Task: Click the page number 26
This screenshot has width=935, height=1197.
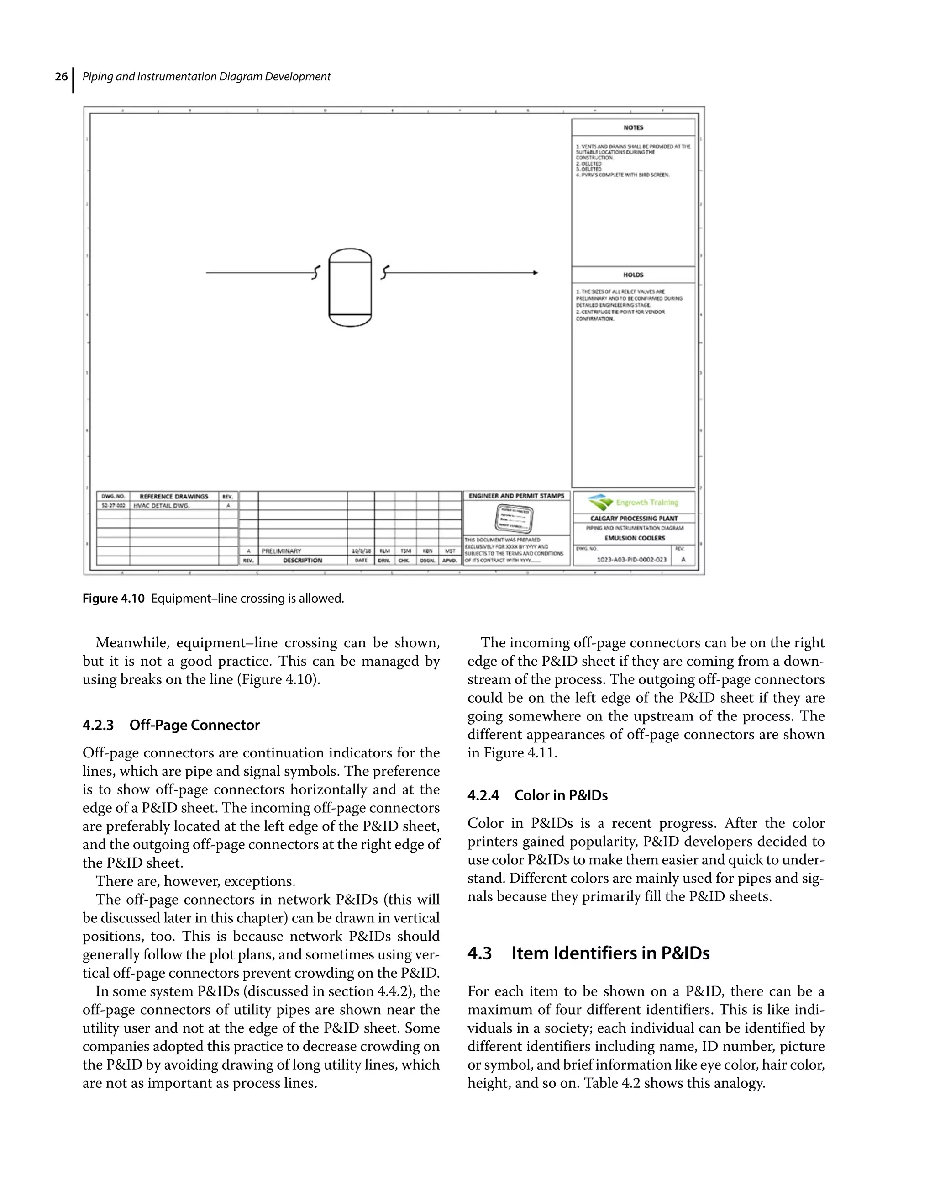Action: point(61,77)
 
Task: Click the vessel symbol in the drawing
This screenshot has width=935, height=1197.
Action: point(350,288)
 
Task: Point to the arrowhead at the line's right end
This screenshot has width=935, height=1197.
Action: point(535,272)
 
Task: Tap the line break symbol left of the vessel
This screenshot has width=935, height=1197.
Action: point(315,272)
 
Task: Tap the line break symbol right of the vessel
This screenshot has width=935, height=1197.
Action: point(385,271)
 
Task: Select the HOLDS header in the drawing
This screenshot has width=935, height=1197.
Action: point(633,275)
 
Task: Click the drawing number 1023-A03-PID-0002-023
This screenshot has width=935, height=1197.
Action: point(631,560)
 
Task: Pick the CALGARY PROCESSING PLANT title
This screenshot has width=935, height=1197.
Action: point(634,519)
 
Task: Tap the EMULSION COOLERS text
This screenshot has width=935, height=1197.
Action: point(634,538)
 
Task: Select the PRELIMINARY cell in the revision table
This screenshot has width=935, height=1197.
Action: point(282,551)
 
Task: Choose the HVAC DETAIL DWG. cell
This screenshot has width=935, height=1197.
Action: point(162,506)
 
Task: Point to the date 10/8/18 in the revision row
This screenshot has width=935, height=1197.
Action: point(361,551)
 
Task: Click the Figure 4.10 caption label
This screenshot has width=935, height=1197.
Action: point(113,598)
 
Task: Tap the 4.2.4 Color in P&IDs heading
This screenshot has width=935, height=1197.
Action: point(537,795)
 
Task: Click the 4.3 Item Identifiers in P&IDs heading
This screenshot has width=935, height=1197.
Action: point(588,953)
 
